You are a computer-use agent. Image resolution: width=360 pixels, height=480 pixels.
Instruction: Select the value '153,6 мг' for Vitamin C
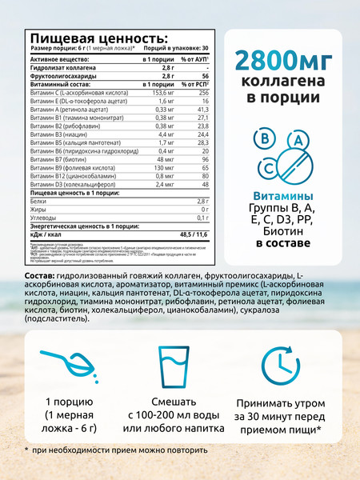coord(160,93)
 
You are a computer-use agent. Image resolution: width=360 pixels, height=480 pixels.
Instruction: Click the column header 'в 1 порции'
coord(158,59)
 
